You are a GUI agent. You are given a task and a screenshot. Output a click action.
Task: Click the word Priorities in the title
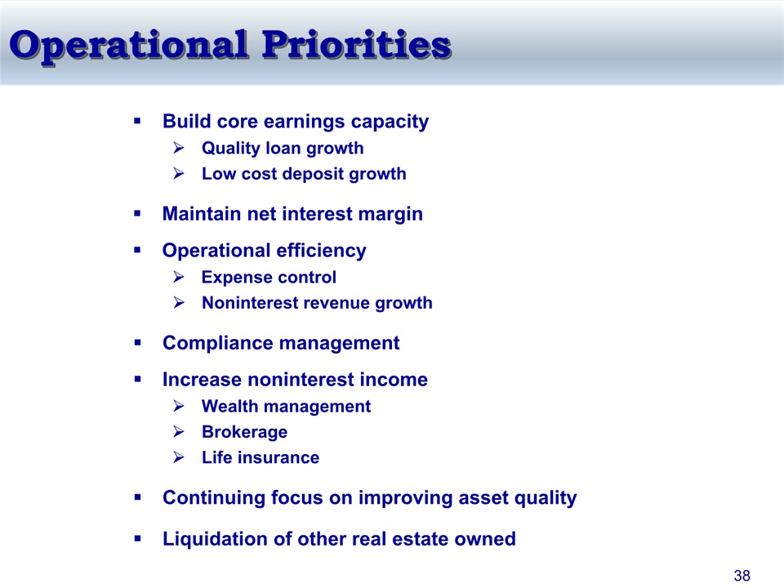pyautogui.click(x=357, y=45)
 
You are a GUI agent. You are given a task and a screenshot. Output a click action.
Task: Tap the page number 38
pyautogui.click(x=742, y=576)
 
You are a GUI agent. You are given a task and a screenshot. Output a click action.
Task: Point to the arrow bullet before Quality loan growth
pyautogui.click(x=179, y=148)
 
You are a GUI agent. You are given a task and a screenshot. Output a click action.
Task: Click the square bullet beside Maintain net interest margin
pyautogui.click(x=137, y=213)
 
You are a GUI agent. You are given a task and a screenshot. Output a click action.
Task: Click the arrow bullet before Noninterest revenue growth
pyautogui.click(x=179, y=302)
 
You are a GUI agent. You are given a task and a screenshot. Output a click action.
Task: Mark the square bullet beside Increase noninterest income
pyautogui.click(x=137, y=379)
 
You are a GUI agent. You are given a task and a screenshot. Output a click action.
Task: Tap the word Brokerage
pyautogui.click(x=244, y=433)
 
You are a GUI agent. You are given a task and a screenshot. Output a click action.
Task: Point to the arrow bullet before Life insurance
pyautogui.click(x=179, y=457)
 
